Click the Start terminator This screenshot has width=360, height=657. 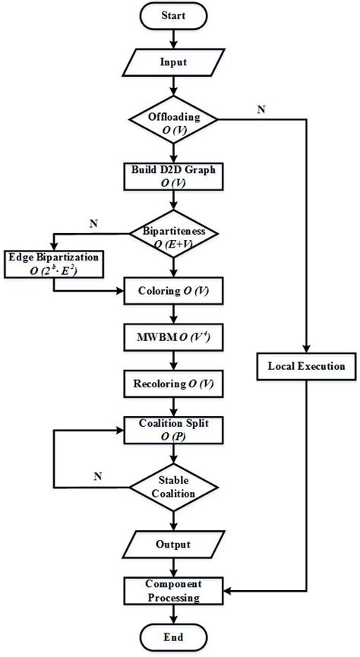coord(175,14)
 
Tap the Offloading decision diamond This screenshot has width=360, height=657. coord(175,121)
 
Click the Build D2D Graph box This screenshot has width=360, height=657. coord(175,175)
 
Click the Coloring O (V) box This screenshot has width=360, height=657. coord(175,290)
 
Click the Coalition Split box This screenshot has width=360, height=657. coord(175,430)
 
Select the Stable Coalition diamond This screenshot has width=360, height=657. coord(175,487)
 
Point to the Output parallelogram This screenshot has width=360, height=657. coord(175,545)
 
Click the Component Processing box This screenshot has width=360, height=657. coord(175,592)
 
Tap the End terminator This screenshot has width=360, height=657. coord(175,636)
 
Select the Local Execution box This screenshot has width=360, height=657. coord(306,366)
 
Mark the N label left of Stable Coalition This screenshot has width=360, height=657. coord(98,476)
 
